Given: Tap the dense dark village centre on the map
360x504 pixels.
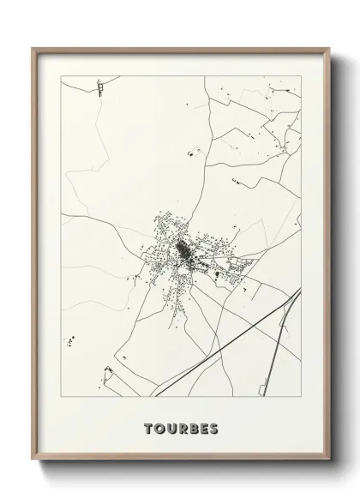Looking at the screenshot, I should click(x=183, y=251).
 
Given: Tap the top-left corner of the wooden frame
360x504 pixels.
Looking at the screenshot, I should click(x=34, y=49).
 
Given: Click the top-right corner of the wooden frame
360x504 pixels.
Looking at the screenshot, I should click(x=327, y=49).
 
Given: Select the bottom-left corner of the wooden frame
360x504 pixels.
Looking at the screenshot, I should click(x=34, y=471).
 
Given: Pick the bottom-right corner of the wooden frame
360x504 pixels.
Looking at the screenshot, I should click(x=327, y=471).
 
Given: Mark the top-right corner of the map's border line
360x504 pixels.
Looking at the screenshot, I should click(x=301, y=76).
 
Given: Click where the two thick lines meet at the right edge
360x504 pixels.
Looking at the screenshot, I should click(x=299, y=291).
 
